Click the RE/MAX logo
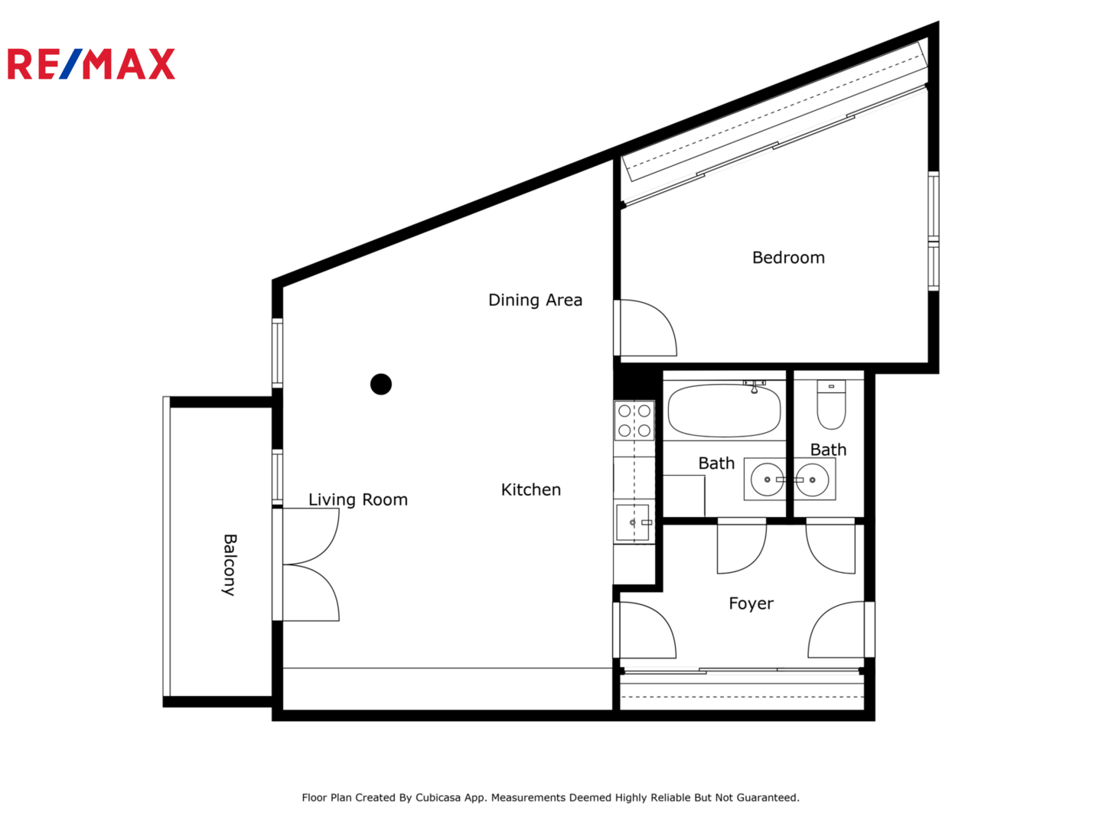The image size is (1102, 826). point(91,63)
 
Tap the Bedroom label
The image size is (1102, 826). point(787,257)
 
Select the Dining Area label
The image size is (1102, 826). point(535,300)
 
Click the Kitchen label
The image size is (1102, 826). point(530,489)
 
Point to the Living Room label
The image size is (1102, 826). point(357,499)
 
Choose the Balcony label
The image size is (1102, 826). point(230,564)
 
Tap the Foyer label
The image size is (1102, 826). point(751,603)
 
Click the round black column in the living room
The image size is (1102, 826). point(380,384)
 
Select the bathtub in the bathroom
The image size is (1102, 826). point(724,410)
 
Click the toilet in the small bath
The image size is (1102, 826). point(831,405)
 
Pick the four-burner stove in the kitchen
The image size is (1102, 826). point(634,421)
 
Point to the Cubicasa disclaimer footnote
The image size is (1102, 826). point(550,798)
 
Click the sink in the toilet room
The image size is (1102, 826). point(813,480)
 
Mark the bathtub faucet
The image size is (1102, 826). point(754,386)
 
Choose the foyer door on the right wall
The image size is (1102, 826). point(836,629)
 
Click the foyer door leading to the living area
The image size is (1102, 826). point(647,630)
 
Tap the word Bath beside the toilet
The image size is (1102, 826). point(828,450)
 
